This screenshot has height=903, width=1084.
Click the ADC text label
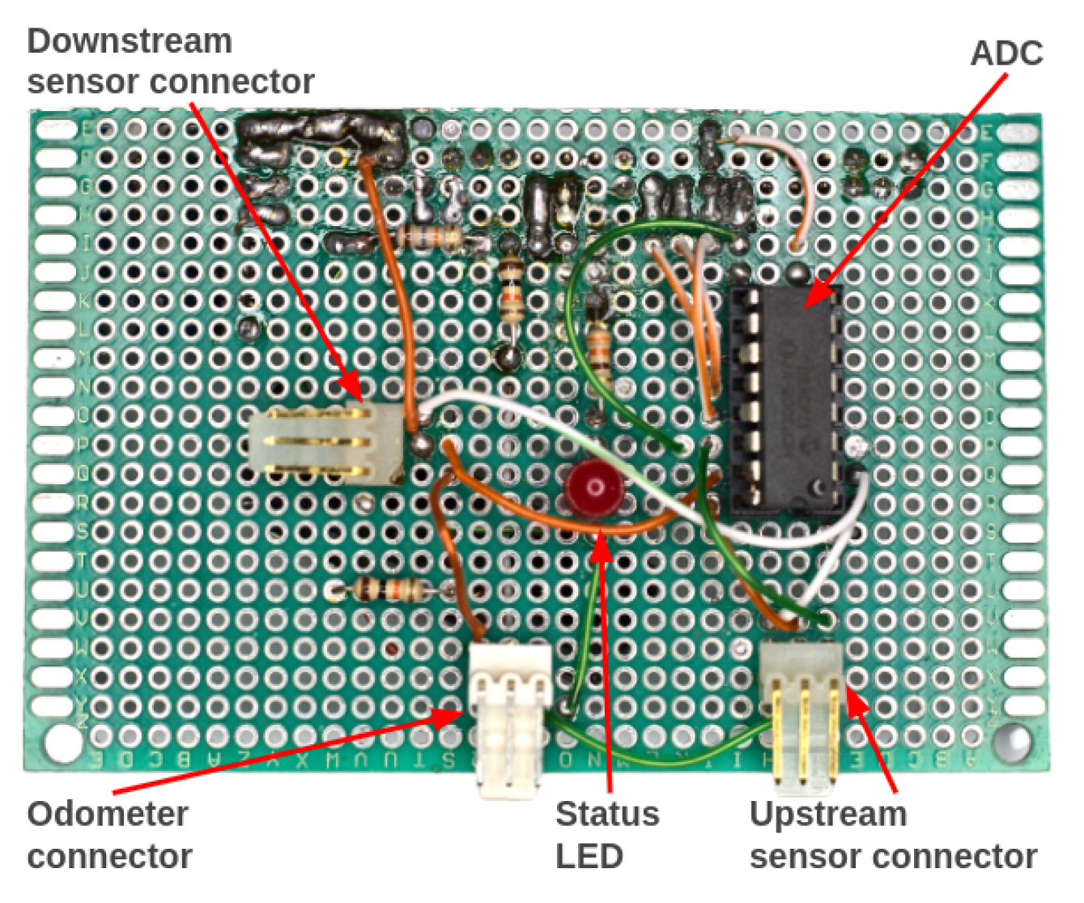pos(1006,53)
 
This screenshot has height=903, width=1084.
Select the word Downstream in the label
pos(130,41)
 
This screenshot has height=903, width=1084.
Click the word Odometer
pos(108,814)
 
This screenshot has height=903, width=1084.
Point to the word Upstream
pos(827,814)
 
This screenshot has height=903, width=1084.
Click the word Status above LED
pos(607,814)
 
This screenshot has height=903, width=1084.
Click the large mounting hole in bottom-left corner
pos(58,739)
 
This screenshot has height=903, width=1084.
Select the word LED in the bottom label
pos(589,856)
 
